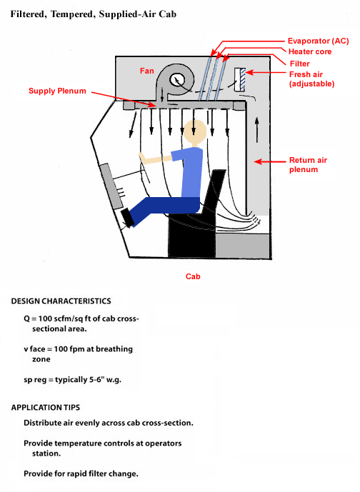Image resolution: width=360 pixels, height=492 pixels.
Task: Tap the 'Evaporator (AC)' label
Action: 318,41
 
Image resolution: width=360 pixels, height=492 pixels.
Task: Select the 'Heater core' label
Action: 309,51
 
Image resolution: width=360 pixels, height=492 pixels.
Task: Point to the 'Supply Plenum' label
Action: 57,91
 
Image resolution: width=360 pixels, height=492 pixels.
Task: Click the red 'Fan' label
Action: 147,71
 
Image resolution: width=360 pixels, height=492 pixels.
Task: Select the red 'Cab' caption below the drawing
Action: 193,275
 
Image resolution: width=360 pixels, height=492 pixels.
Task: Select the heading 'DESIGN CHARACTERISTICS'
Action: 61,301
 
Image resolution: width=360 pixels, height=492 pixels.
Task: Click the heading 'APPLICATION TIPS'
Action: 47,407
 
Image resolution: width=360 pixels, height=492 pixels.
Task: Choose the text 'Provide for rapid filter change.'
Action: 80,474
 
